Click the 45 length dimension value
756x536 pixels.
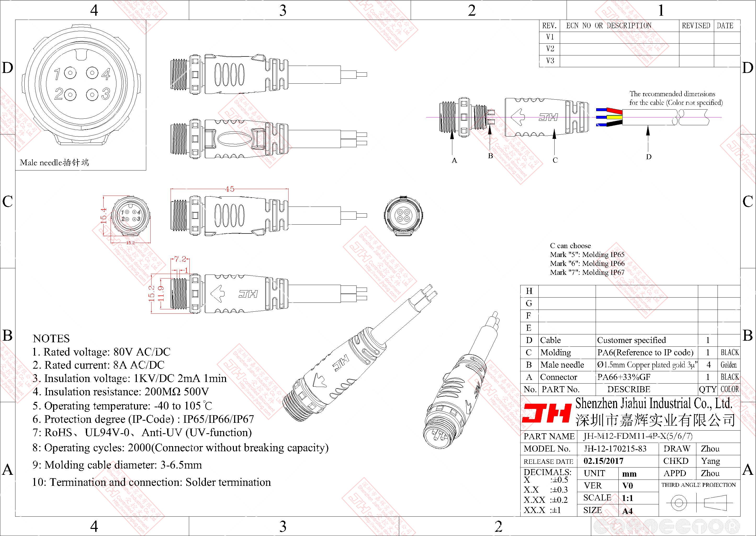coord(229,189)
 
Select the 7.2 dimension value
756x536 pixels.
coord(180,259)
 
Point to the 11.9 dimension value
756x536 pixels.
coord(161,293)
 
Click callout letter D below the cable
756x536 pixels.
coord(649,157)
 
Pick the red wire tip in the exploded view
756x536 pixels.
coord(615,111)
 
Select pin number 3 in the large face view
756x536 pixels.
coord(106,94)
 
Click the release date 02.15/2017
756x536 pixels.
coord(603,461)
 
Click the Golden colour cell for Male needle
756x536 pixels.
coord(728,365)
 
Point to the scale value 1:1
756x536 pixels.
coord(627,498)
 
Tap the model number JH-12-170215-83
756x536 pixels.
coord(615,448)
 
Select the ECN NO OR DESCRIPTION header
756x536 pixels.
coord(609,26)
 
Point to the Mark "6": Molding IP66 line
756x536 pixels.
coord(587,263)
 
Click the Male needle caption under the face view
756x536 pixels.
coord(54,162)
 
